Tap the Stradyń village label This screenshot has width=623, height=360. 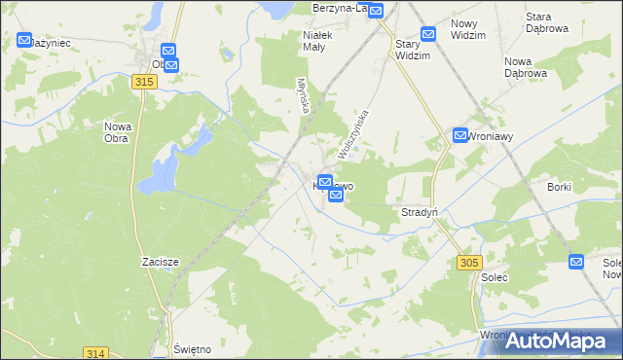pyautogui.click(x=420, y=212)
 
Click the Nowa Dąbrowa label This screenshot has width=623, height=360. pyautogui.click(x=526, y=66)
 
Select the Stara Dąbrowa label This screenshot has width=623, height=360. pyautogui.click(x=547, y=22)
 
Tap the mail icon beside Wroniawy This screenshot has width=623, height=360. pyautogui.click(x=460, y=136)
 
